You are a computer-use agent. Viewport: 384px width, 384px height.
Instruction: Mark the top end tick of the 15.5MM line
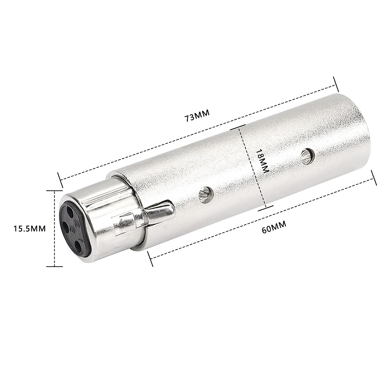55,190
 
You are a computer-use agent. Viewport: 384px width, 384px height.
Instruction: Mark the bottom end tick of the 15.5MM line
55,266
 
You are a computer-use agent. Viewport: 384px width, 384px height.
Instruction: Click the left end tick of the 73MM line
60,180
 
